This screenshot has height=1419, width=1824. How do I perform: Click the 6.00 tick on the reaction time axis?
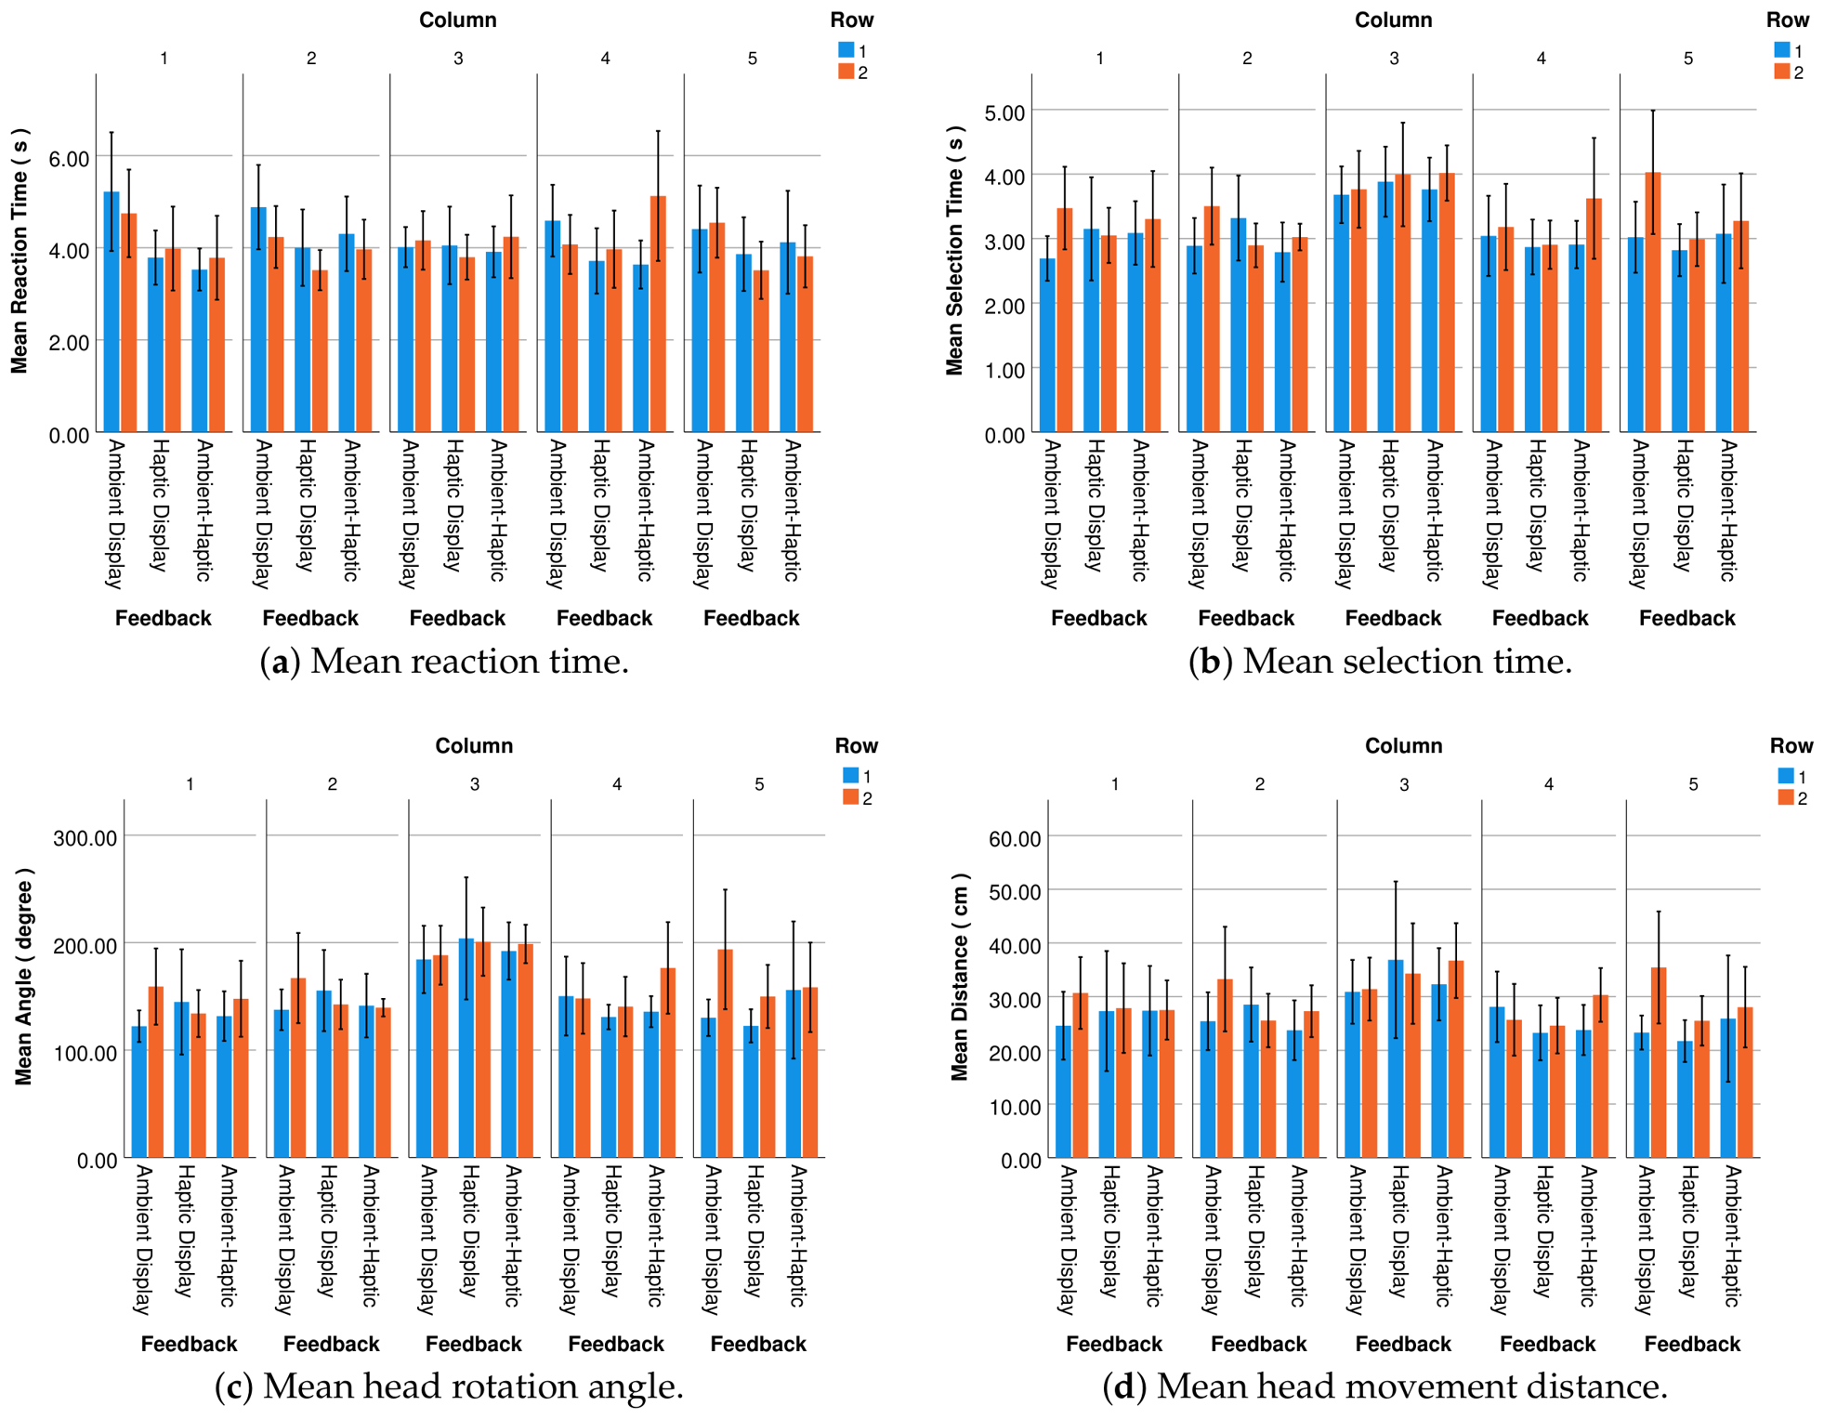[x=69, y=158]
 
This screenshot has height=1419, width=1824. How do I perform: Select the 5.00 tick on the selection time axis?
[x=1004, y=112]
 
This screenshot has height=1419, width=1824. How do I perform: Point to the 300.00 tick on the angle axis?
[x=85, y=838]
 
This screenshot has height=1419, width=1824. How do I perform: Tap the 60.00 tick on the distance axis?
[x=1015, y=838]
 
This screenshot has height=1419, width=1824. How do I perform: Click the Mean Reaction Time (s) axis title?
[x=20, y=251]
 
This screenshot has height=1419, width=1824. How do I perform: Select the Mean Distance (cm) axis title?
[x=959, y=977]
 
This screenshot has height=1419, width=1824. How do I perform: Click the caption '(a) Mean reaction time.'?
[x=444, y=662]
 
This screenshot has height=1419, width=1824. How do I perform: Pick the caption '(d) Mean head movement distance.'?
[x=1384, y=1386]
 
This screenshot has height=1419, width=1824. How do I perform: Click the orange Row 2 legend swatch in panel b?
[x=1781, y=72]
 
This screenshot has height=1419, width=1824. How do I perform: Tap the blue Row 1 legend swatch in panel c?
[x=850, y=775]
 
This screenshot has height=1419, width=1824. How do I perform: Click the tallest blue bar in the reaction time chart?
[x=112, y=312]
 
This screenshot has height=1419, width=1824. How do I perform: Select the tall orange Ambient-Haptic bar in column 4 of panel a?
[x=658, y=314]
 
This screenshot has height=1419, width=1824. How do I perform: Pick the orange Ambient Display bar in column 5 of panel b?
[x=1652, y=302]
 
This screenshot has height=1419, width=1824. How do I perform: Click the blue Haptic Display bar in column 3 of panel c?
[x=466, y=1048]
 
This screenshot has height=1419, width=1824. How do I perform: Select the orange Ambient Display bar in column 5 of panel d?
[x=1659, y=1063]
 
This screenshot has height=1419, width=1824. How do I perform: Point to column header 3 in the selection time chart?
[x=1394, y=59]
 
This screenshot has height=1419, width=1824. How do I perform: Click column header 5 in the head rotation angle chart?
[x=759, y=784]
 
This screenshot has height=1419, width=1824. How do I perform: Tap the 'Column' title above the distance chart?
[x=1403, y=745]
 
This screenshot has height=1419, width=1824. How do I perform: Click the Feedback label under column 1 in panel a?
[x=164, y=618]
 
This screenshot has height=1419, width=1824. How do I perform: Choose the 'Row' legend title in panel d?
[x=1791, y=745]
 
